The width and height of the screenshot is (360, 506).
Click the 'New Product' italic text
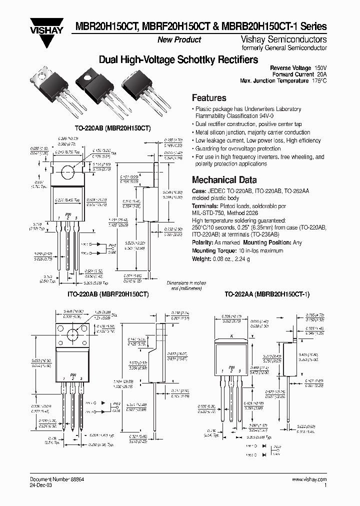pyautogui.click(x=179, y=39)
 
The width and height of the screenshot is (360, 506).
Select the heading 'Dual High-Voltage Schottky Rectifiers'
pyautogui.click(x=178, y=59)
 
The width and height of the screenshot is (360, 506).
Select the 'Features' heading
pyautogui.click(x=209, y=98)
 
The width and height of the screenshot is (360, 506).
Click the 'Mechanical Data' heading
pyautogui.click(x=224, y=180)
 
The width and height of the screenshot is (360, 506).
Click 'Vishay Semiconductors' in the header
pyautogui.click(x=291, y=39)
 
